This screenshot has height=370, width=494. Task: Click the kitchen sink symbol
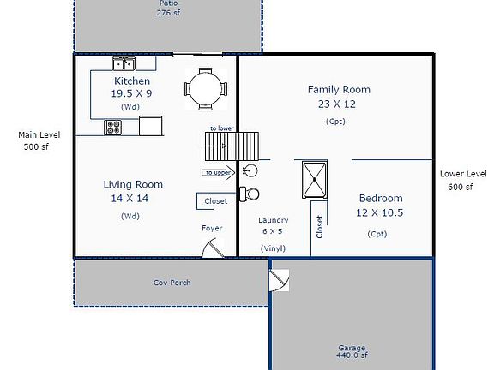[124, 63]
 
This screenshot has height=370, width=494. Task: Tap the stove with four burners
[113, 128]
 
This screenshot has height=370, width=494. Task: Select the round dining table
[206, 89]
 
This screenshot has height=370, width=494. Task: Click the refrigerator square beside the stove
[151, 126]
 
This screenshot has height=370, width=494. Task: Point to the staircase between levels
[232, 146]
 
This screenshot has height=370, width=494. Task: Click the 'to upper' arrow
[218, 173]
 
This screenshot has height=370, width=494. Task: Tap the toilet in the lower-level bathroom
[250, 194]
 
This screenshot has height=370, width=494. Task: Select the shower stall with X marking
[315, 180]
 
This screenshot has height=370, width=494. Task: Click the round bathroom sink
[250, 170]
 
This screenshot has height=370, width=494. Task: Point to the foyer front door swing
[214, 248]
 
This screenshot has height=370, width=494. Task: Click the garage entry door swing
[279, 280]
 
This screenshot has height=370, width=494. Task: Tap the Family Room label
[339, 90]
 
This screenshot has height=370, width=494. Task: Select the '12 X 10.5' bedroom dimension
[380, 213]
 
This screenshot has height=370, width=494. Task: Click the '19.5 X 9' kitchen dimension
[131, 93]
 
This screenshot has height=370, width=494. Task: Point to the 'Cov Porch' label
[172, 283]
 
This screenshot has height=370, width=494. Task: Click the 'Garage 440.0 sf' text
[352, 351]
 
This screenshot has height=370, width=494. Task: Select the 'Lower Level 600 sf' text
[463, 180]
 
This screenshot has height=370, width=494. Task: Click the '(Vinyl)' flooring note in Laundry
[273, 248]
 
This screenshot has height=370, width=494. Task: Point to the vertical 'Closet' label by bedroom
[319, 226]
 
